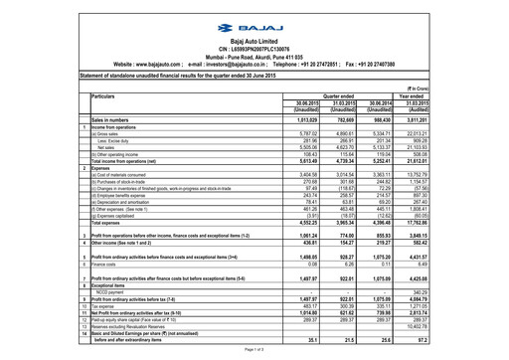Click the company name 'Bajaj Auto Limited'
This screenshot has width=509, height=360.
tap(254, 38)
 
